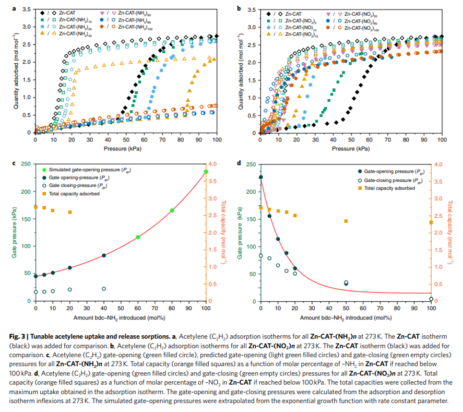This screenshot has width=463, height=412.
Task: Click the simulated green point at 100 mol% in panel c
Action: click(206, 171)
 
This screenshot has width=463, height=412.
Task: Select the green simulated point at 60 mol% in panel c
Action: click(138, 237)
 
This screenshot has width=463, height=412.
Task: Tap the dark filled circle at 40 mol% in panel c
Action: click(104, 255)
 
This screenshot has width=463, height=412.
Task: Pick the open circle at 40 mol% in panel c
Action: click(104, 289)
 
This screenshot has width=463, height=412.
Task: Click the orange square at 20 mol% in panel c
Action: click(70, 212)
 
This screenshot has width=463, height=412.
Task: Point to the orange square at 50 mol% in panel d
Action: click(346, 221)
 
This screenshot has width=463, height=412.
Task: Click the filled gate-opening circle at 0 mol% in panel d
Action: click(261, 177)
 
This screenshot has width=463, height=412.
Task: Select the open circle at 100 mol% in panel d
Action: click(431, 299)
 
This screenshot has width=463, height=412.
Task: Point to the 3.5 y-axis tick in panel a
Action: click(25, 9)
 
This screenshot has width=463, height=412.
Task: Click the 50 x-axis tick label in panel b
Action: click(351, 140)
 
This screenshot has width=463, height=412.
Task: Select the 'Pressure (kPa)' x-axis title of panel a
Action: click(126, 149)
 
